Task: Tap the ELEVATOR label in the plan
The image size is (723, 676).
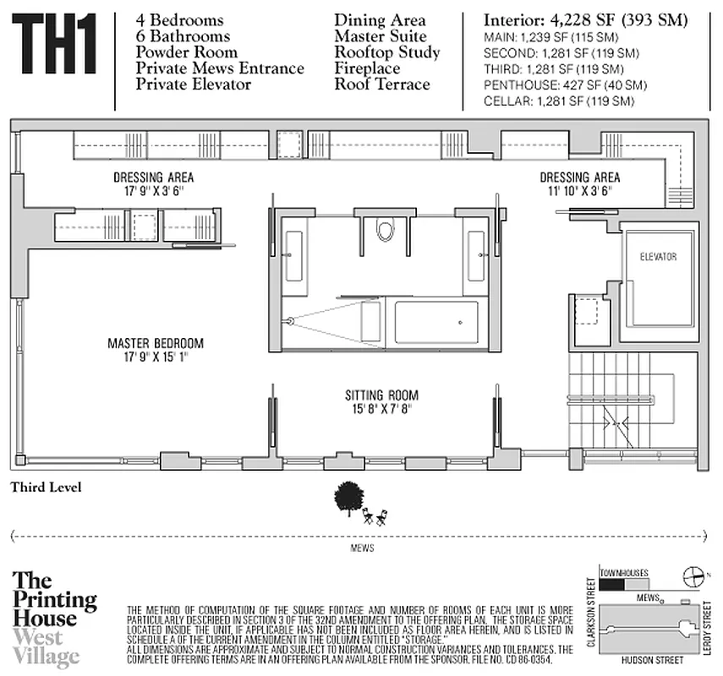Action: tap(658, 257)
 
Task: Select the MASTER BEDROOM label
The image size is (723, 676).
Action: tap(156, 343)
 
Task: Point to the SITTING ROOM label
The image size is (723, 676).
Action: tap(381, 395)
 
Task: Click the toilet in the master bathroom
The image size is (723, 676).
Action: tap(386, 230)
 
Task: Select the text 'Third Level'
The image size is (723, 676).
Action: tap(46, 488)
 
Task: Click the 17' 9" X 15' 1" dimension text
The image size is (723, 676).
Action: tap(156, 357)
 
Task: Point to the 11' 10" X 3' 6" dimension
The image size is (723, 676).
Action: tap(579, 191)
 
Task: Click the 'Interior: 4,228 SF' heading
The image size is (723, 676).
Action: tap(584, 20)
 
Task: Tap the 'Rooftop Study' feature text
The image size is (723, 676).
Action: tap(387, 52)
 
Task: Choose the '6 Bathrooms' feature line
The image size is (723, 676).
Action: tap(183, 36)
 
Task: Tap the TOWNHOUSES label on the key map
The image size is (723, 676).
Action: tap(624, 571)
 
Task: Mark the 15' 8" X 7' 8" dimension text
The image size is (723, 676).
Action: tap(381, 409)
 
